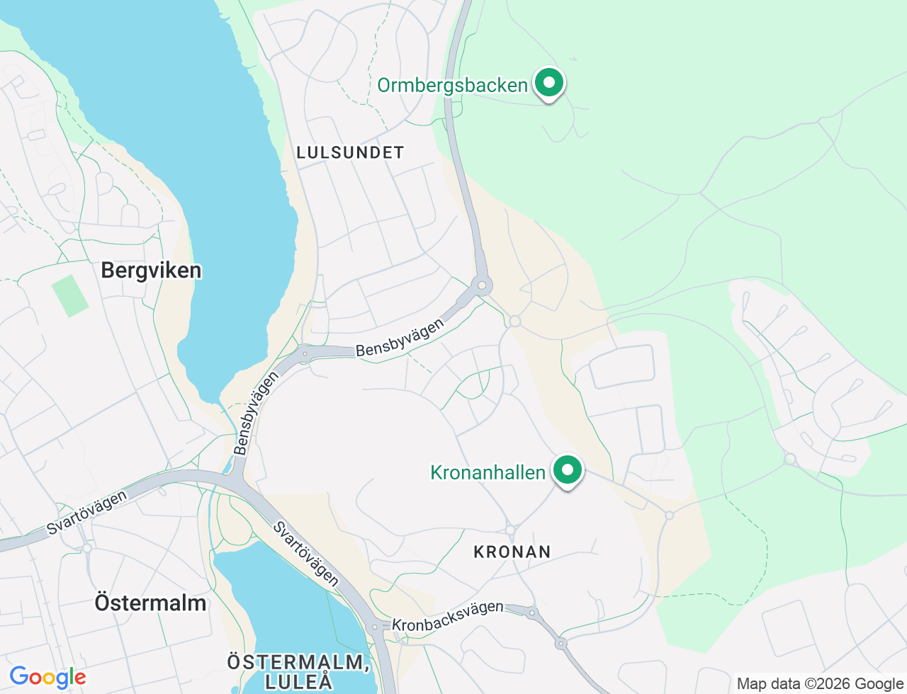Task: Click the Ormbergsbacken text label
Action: (x=452, y=86)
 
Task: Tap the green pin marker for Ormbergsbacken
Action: (x=548, y=83)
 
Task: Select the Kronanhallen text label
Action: (x=488, y=472)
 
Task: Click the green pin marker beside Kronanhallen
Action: (x=567, y=470)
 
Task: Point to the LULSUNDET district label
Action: (x=350, y=152)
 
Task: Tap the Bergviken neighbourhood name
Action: (x=151, y=270)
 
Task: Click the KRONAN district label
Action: (x=512, y=552)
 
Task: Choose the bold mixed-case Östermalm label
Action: (x=150, y=603)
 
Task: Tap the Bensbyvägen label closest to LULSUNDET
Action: (x=400, y=338)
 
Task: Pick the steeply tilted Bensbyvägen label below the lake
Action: (x=257, y=414)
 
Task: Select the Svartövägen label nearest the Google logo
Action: (x=86, y=512)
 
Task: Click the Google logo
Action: (x=47, y=677)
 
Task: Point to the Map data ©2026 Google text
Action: (x=820, y=683)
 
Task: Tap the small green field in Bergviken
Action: (x=70, y=295)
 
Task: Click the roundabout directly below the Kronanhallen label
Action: (x=510, y=530)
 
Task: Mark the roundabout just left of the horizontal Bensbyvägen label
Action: (x=305, y=353)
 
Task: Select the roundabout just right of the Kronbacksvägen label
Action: (x=531, y=613)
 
